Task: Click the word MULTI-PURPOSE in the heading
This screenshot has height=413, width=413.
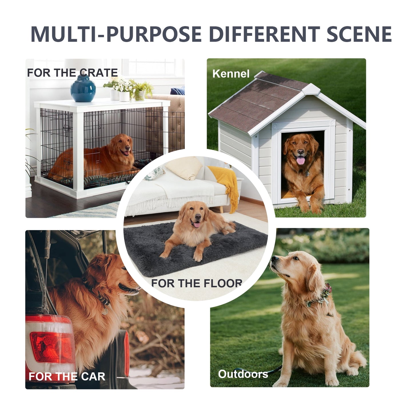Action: coord(116,34)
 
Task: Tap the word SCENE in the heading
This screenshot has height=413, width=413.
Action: coord(359,34)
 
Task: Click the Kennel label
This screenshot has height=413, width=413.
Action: coord(231,74)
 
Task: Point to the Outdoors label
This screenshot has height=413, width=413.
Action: coord(243,374)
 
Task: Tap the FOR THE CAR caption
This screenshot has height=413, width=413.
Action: coord(67,377)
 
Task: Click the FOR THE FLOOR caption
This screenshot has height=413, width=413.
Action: coord(197,283)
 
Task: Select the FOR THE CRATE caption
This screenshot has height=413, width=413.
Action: coord(72,73)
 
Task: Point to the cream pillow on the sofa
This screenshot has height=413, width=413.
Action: coord(184,168)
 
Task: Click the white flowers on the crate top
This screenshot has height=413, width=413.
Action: coord(122,85)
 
